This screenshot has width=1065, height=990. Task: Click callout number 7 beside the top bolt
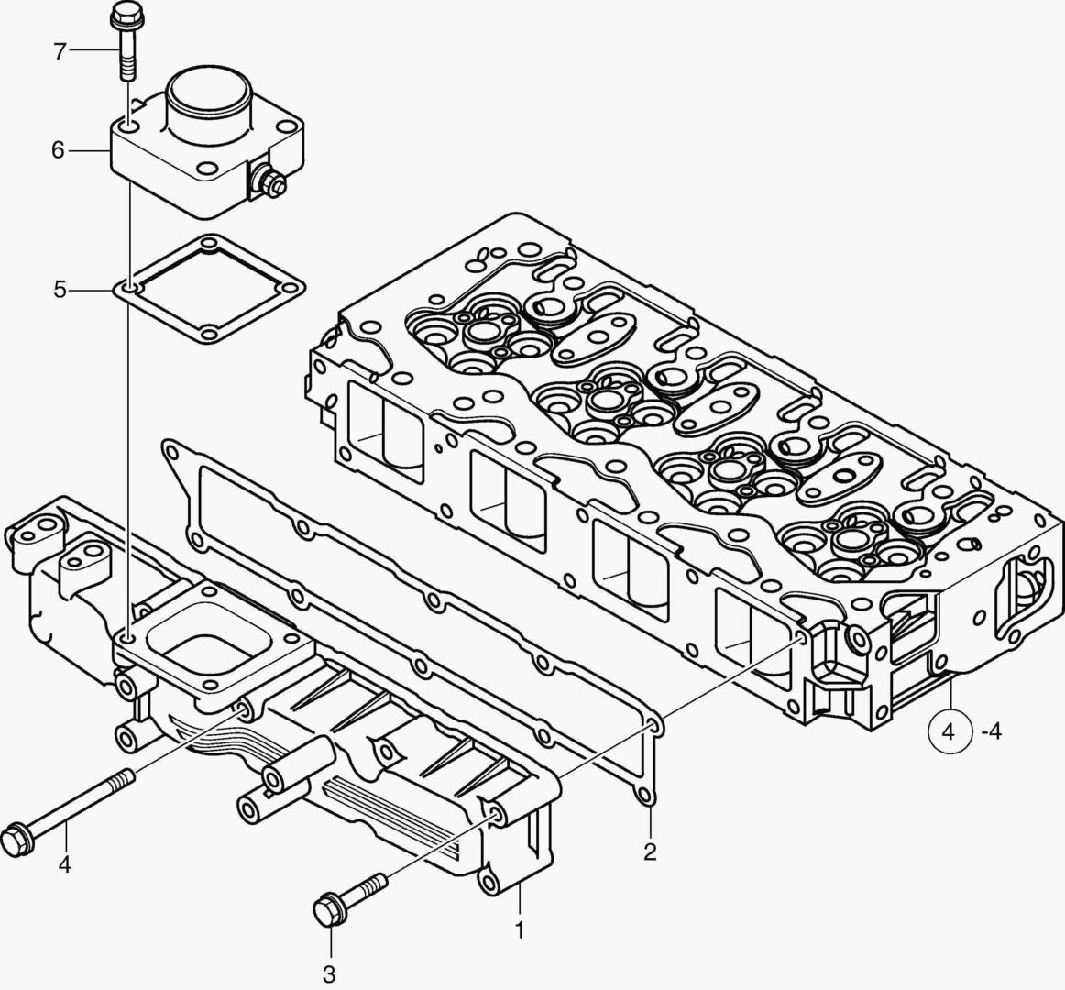coord(60,52)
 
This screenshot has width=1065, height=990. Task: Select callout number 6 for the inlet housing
coord(58,149)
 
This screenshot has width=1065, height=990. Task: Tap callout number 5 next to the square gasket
coord(60,291)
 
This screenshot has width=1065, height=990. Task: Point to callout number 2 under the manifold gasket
coord(650,852)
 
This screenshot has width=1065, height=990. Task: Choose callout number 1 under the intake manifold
coord(519,930)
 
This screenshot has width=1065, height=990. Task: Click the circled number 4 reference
coord(949,732)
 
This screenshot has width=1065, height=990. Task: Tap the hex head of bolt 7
coord(123,15)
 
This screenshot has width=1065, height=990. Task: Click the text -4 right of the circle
coord(992,732)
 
